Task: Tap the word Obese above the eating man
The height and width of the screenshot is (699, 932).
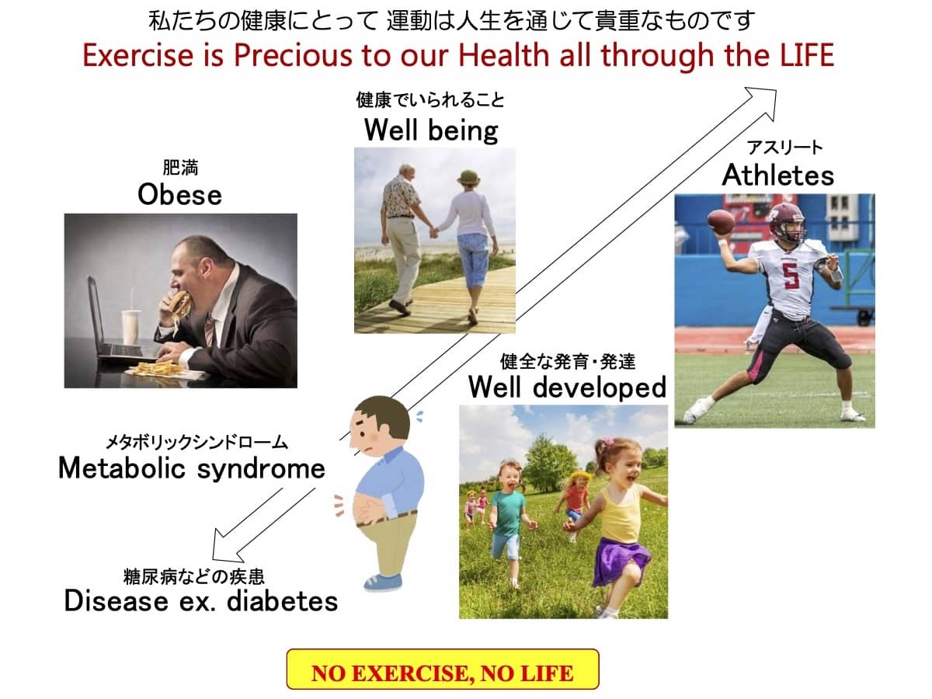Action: [179, 194]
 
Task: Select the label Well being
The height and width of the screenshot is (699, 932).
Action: [431, 130]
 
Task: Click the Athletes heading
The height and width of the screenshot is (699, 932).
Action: [777, 176]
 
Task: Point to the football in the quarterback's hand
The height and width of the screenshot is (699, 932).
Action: [721, 221]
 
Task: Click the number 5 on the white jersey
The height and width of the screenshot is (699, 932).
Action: [791, 276]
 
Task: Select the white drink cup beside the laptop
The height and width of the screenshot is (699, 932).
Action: [130, 327]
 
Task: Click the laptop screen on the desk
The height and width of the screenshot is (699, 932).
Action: [95, 313]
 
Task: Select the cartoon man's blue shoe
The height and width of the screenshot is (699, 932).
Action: [383, 582]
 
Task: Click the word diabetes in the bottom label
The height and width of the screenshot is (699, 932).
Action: [283, 601]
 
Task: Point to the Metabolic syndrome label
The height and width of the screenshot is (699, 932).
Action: [192, 468]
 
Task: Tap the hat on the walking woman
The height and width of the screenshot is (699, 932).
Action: [469, 176]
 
